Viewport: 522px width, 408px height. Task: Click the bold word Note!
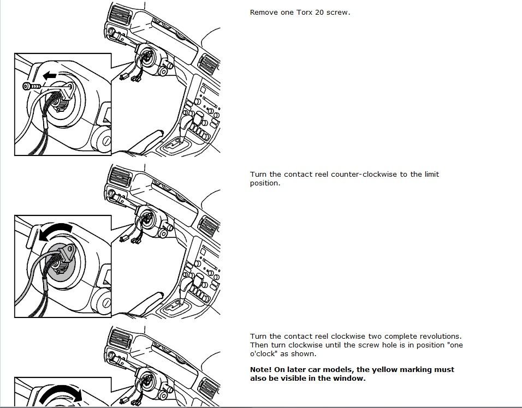pos(260,370)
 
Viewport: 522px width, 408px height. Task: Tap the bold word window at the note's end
pos(350,379)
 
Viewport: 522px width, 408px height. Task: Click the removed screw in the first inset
pos(31,86)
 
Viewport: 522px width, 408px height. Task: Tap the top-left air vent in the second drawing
pos(120,176)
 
